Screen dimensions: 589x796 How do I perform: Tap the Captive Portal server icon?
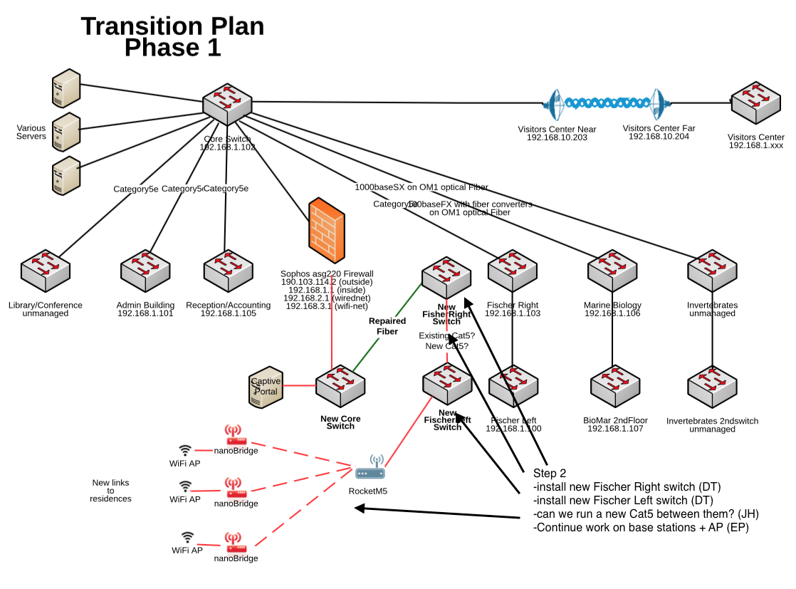coord(265,387)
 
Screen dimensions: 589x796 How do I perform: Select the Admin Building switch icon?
coord(145,267)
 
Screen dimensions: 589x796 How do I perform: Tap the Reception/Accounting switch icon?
coord(229,267)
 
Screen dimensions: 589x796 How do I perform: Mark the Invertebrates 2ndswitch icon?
coord(711,385)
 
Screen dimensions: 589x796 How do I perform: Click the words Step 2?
coord(550,474)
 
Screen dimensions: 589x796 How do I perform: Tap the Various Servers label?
coord(31,132)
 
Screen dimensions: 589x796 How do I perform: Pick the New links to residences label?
coord(110,491)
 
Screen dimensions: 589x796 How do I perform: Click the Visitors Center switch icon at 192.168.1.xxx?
coord(756,103)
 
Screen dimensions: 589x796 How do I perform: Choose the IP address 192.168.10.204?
coord(659,136)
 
